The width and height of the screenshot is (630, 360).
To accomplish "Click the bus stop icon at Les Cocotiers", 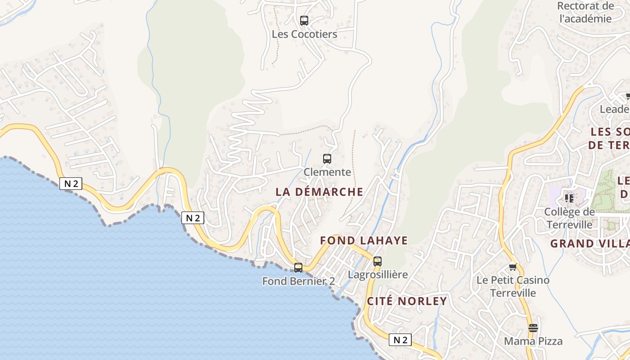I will point(304,20).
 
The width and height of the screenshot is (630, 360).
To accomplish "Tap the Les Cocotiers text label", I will point(304,34).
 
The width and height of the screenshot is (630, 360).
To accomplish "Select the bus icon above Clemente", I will point(327,158).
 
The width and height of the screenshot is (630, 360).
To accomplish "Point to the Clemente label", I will point(327,172).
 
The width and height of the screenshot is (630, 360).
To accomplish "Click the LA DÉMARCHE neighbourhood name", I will point(319,192).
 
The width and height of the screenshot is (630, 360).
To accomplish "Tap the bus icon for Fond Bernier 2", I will point(298,268).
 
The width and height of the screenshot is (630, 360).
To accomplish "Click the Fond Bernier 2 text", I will point(298,281).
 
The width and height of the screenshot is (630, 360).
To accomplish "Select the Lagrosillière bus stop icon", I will point(378,261).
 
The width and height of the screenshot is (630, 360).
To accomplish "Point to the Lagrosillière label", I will point(378,274).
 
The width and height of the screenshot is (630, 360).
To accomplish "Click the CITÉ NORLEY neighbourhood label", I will point(407,301).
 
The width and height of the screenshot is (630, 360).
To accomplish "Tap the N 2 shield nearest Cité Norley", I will point(400,340).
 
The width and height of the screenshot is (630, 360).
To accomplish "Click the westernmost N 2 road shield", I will point(71,183).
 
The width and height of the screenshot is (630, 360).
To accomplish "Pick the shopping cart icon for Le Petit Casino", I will point(513,267).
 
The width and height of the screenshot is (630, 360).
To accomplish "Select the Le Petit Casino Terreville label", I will point(513,287).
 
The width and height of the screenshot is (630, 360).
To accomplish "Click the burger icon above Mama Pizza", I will point(533,328).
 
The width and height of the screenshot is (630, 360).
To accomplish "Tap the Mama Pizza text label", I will point(533,341).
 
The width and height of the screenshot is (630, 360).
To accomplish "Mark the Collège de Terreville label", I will point(569,218).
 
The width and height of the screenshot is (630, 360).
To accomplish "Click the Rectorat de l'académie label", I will point(585,12).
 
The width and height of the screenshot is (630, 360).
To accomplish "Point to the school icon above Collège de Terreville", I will point(569,198).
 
